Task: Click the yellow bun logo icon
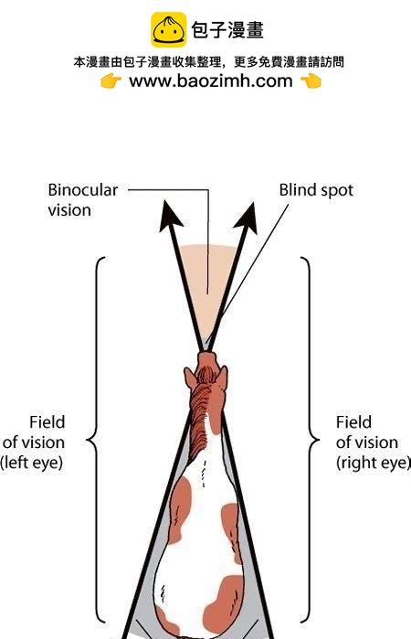click(x=169, y=29)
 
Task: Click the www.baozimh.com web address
click(x=211, y=80)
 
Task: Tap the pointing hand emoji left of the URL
click(x=111, y=80)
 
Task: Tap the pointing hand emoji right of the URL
click(x=311, y=80)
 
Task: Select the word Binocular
click(x=83, y=190)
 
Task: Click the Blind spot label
click(x=316, y=190)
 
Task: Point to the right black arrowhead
click(x=247, y=218)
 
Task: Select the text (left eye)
click(x=31, y=463)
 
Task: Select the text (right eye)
click(x=374, y=463)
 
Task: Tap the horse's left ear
click(x=190, y=378)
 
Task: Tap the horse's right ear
click(x=223, y=376)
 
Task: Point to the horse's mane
click(x=201, y=416)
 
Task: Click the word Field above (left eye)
click(x=47, y=422)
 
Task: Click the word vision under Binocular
click(x=69, y=210)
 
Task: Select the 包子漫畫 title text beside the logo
click(x=227, y=30)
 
